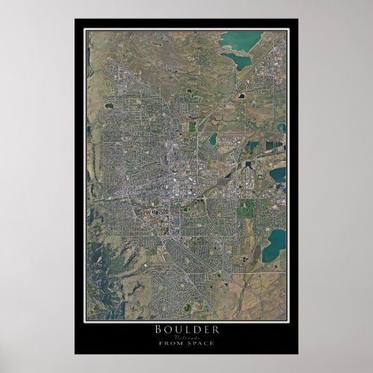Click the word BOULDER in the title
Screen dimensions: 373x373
[x=186, y=329]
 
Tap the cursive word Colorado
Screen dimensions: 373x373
[x=186, y=336]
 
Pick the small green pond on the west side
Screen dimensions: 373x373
[x=108, y=106]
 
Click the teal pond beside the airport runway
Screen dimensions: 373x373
[x=213, y=139]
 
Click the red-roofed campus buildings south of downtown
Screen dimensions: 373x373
[x=144, y=209]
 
